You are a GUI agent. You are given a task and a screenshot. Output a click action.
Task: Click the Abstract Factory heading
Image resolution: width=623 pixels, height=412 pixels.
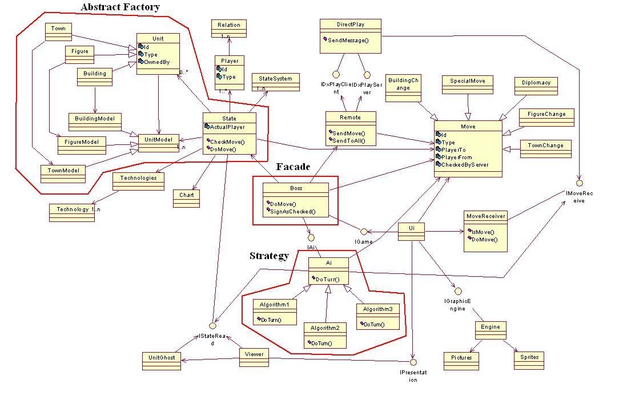pos(120,7)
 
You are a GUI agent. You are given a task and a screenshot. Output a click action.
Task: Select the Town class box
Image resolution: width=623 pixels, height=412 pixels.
pos(58,31)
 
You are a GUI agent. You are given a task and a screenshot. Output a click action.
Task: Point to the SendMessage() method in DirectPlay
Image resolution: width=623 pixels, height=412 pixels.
pos(348,40)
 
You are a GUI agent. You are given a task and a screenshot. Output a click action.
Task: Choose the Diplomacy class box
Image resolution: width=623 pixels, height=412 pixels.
pos(536,86)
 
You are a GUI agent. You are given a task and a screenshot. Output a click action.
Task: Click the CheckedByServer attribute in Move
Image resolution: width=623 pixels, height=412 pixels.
pos(464,164)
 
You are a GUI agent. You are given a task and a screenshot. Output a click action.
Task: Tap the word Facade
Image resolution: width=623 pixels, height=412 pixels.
pos(293,167)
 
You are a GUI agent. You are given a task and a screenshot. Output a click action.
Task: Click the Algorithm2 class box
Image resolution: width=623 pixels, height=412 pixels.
pos(325,335)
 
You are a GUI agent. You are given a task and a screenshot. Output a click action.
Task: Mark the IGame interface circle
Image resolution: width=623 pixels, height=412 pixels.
pos(363,231)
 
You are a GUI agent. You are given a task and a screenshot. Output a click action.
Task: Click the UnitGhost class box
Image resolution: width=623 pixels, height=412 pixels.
pos(162,360)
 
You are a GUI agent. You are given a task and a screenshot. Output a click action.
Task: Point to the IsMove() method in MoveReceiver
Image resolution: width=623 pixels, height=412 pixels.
pos(483,232)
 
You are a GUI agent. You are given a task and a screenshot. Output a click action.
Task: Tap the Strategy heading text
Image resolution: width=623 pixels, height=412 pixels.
pos(269,256)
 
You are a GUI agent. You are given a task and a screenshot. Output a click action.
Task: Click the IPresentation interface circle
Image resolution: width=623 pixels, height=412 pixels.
pos(413,362)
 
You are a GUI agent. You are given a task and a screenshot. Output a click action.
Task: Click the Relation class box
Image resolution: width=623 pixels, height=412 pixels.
pos(229,27)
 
